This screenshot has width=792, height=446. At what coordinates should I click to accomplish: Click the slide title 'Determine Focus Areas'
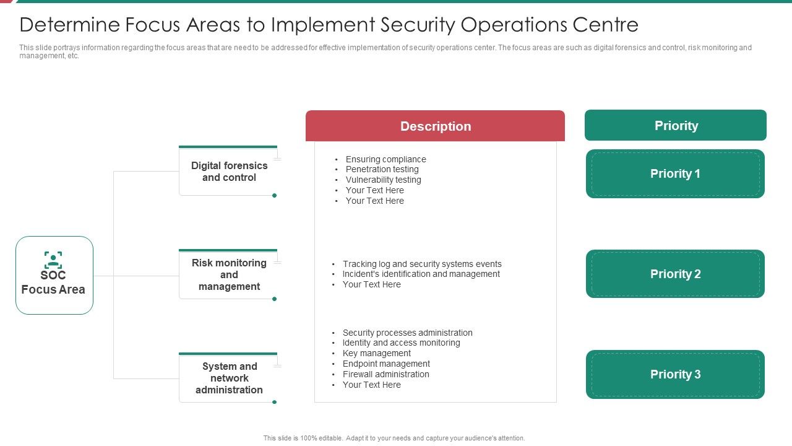pyautogui.click(x=329, y=25)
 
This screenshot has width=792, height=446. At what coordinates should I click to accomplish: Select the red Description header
pyautogui.click(x=435, y=126)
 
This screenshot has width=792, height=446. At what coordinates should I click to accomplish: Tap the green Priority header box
pyautogui.click(x=676, y=126)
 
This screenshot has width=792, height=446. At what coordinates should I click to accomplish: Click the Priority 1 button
pyautogui.click(x=675, y=174)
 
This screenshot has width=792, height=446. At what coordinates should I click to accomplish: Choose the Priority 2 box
pyautogui.click(x=675, y=274)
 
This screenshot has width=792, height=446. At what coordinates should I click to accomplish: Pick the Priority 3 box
pyautogui.click(x=675, y=374)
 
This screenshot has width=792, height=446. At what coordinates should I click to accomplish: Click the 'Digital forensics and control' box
pyautogui.click(x=229, y=172)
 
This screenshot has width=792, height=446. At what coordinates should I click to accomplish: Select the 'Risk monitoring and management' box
pyautogui.click(x=229, y=274)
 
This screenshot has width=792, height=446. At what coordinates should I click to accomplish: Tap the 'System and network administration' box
pyautogui.click(x=229, y=378)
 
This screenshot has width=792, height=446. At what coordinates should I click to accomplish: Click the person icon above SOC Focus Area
pyautogui.click(x=53, y=260)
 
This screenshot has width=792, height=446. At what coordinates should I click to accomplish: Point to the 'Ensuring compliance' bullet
pyautogui.click(x=385, y=159)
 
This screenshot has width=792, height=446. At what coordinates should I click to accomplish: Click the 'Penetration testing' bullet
pyautogui.click(x=382, y=169)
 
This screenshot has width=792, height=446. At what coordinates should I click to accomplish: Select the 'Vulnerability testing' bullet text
pyautogui.click(x=383, y=180)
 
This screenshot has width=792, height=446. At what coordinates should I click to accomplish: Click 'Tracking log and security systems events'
pyautogui.click(x=422, y=264)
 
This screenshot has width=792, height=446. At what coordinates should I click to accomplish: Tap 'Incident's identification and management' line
pyautogui.click(x=421, y=274)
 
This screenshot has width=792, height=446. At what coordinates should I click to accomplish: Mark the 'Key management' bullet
pyautogui.click(x=376, y=353)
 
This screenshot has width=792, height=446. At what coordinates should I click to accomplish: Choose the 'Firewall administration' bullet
pyautogui.click(x=385, y=374)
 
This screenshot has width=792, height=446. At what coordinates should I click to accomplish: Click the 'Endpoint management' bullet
pyautogui.click(x=386, y=364)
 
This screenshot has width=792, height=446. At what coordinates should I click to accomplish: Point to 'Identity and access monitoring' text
pyautogui.click(x=401, y=343)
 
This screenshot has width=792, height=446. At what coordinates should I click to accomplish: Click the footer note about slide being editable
pyautogui.click(x=394, y=438)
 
